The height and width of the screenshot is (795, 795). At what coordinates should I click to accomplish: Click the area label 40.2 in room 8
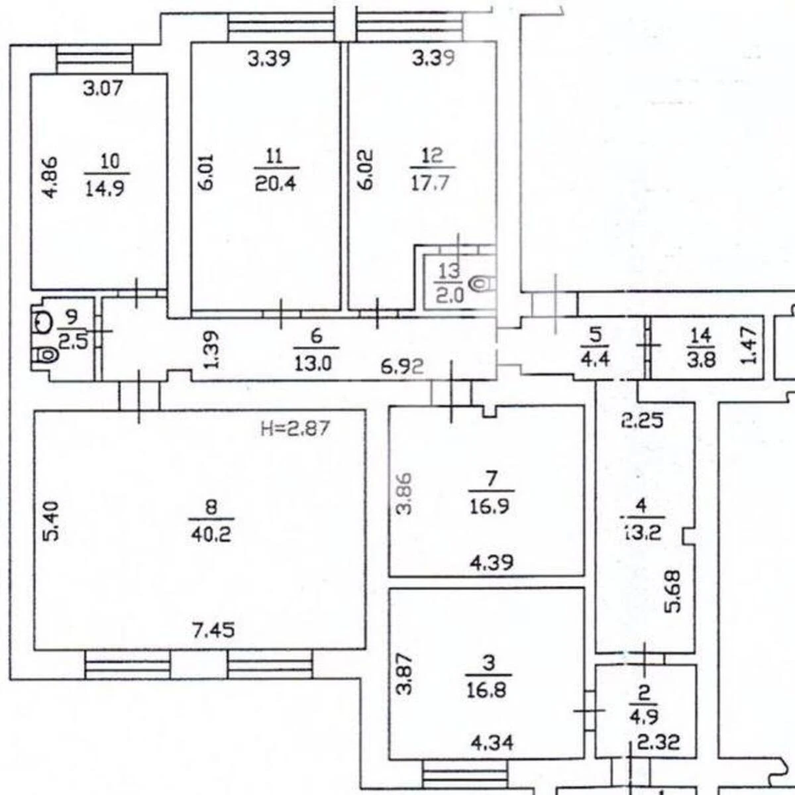211,535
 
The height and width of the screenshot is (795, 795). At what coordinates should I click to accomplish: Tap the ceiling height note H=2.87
295,428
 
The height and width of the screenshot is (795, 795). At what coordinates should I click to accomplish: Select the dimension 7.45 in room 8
214,630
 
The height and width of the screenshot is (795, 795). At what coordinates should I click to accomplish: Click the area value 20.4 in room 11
275,184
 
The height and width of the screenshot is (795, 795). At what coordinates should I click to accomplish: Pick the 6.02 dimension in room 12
366,170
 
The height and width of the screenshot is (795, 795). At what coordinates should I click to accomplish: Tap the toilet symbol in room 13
483,284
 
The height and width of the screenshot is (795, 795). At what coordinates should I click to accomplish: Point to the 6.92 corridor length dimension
402,366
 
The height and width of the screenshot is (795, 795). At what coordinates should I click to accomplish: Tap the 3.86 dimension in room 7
404,494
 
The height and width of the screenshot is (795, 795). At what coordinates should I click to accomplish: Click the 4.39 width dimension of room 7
492,562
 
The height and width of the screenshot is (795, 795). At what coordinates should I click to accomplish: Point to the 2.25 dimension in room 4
643,421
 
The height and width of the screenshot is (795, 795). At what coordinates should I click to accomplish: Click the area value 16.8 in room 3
487,690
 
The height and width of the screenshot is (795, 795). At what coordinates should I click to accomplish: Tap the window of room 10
95,60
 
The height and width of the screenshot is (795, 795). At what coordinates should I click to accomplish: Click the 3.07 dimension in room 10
103,88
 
